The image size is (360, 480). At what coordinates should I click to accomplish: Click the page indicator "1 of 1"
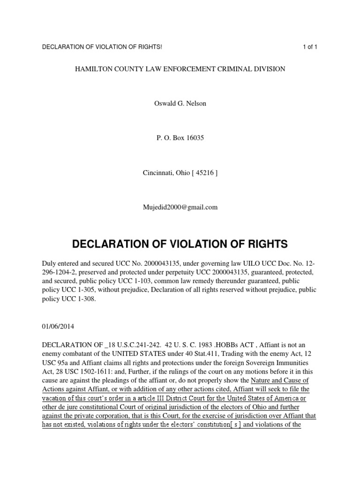point(310,47)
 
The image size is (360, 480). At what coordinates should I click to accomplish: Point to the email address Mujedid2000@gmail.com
point(180,207)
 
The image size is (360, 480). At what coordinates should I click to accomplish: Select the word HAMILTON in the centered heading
point(94,69)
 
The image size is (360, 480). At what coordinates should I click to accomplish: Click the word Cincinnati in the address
point(157,172)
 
